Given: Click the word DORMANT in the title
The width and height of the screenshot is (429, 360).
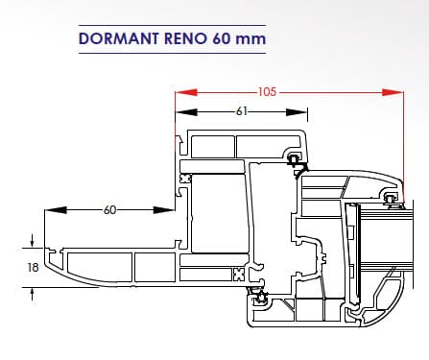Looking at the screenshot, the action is coord(118,38).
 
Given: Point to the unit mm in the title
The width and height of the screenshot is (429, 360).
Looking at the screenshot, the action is coord(250,40).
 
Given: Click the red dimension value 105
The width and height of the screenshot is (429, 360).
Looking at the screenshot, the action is coord(267,92).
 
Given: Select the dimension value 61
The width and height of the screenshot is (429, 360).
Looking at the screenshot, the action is coord(242,111).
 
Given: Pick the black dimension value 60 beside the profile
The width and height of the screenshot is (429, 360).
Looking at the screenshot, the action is coord(109,210).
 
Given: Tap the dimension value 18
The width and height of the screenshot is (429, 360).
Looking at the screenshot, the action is coord(33,267).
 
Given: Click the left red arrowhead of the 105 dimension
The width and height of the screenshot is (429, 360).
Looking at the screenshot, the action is coord(186,92).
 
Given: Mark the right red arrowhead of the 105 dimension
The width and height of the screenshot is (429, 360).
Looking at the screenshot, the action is coord(393,92).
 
